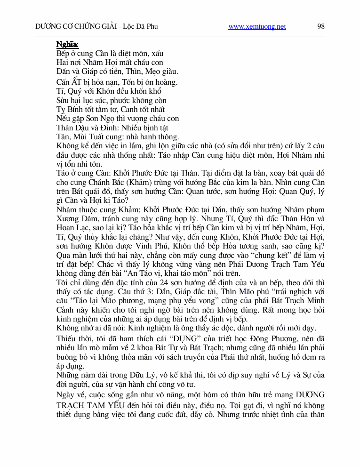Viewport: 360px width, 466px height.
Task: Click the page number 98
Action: (x=321, y=26)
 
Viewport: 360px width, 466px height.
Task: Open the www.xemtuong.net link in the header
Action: (x=257, y=26)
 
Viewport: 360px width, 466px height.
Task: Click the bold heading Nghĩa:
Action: (x=67, y=45)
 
